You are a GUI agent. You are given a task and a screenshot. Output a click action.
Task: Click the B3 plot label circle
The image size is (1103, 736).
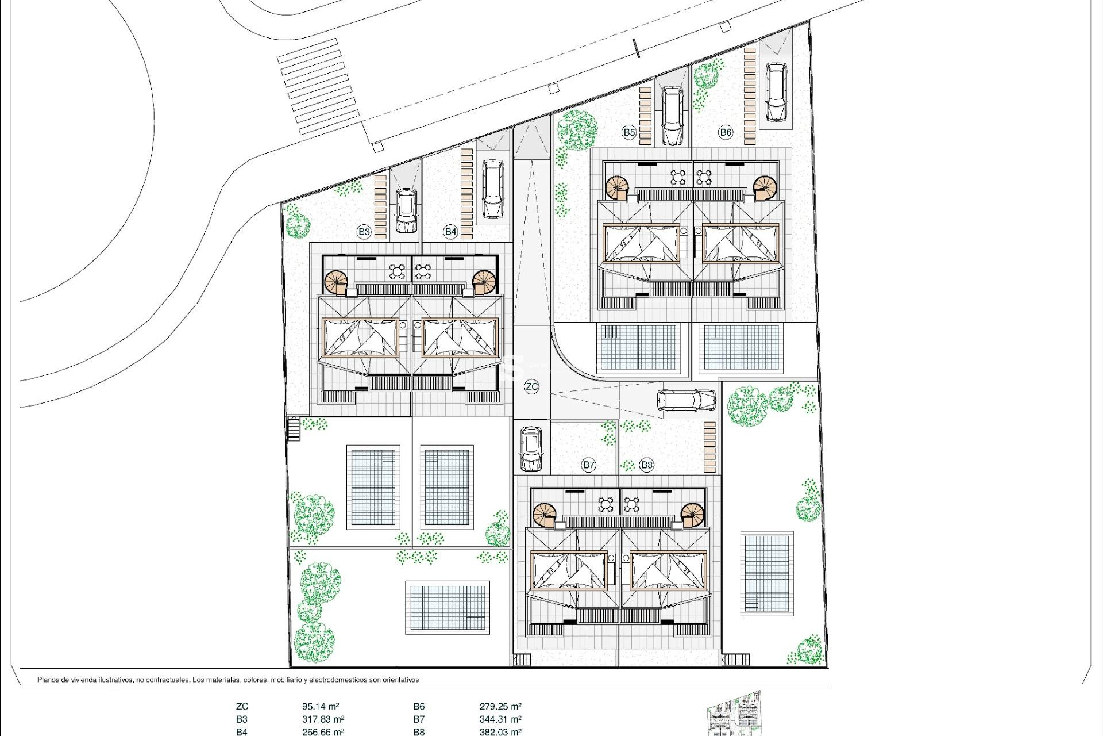click(364, 232)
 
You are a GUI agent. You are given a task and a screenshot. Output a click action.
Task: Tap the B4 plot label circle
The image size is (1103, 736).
click(450, 232)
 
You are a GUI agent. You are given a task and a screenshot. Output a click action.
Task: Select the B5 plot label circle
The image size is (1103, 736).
click(629, 132)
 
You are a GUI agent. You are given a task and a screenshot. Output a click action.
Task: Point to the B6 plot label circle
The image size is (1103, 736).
click(726, 132)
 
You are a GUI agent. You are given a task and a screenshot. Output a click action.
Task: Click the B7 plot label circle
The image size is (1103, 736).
click(588, 465)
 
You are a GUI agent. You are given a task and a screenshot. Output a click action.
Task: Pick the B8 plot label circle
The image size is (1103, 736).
click(647, 465)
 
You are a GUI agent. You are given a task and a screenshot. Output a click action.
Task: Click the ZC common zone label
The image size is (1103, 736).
click(531, 386)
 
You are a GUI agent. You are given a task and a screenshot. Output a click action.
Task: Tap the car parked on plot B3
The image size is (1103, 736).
click(406, 211)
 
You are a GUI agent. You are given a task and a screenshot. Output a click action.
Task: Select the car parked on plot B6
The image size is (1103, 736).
click(776, 93)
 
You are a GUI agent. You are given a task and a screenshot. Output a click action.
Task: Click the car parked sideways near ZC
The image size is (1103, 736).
click(687, 400)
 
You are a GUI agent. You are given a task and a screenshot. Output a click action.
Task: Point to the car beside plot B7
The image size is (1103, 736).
click(531, 448)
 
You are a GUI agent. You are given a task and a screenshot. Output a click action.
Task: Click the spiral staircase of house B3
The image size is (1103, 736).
click(336, 282)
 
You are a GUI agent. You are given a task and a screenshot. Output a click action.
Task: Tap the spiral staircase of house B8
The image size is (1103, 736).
click(693, 514)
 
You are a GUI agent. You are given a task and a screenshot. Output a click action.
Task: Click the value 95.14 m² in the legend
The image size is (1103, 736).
click(320, 706)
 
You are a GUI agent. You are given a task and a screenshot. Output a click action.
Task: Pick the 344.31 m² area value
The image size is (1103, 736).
click(500, 719)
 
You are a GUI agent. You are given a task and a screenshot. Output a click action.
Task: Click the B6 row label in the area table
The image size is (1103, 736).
click(419, 706)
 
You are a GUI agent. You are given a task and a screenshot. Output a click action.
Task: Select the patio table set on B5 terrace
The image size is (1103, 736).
click(679, 177)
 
